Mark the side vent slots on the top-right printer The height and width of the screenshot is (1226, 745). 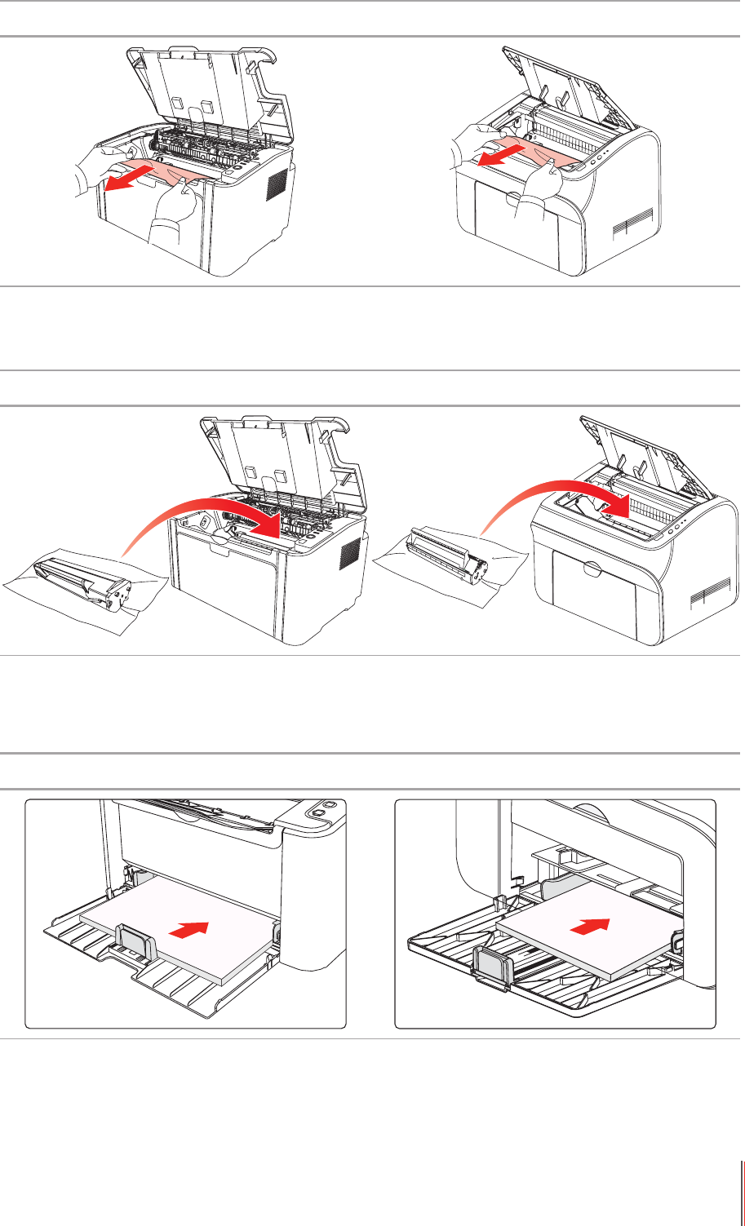pos(635,222)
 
